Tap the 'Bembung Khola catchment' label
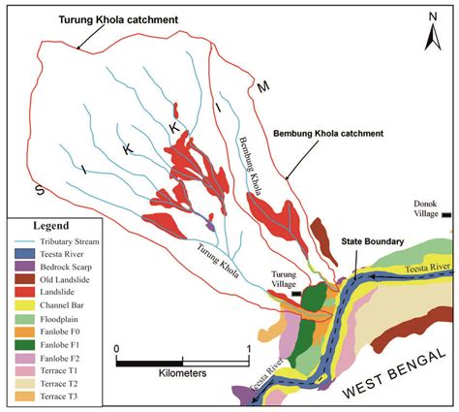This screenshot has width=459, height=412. (x=329, y=132)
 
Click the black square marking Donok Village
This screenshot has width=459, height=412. (x=446, y=216)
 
